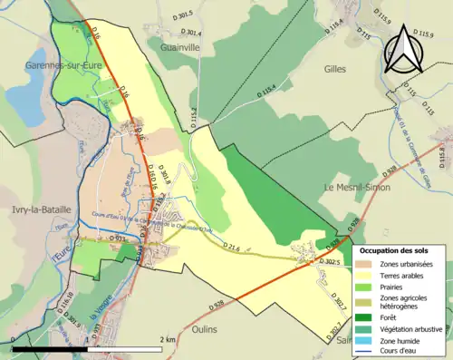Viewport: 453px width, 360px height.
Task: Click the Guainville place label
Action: (x=184, y=46)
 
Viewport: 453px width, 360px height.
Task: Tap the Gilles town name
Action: (x=335, y=68)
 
